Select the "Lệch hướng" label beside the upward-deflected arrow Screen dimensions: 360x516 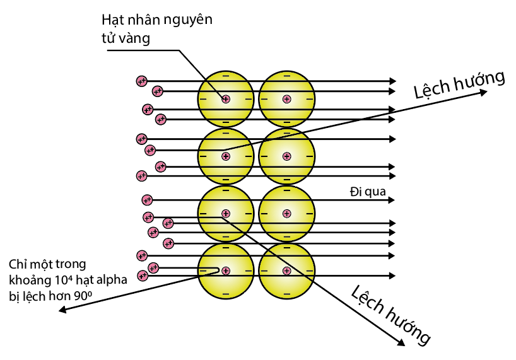point(460,84)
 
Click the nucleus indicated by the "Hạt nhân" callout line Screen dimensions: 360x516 point(225,99)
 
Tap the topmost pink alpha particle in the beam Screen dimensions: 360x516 point(141,81)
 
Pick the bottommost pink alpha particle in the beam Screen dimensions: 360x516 point(143,276)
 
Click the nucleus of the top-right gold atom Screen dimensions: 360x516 point(286,99)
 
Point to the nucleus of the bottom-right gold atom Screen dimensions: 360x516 point(286,270)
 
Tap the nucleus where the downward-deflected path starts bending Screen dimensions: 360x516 point(225,214)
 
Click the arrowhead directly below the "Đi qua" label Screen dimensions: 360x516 point(393,200)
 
